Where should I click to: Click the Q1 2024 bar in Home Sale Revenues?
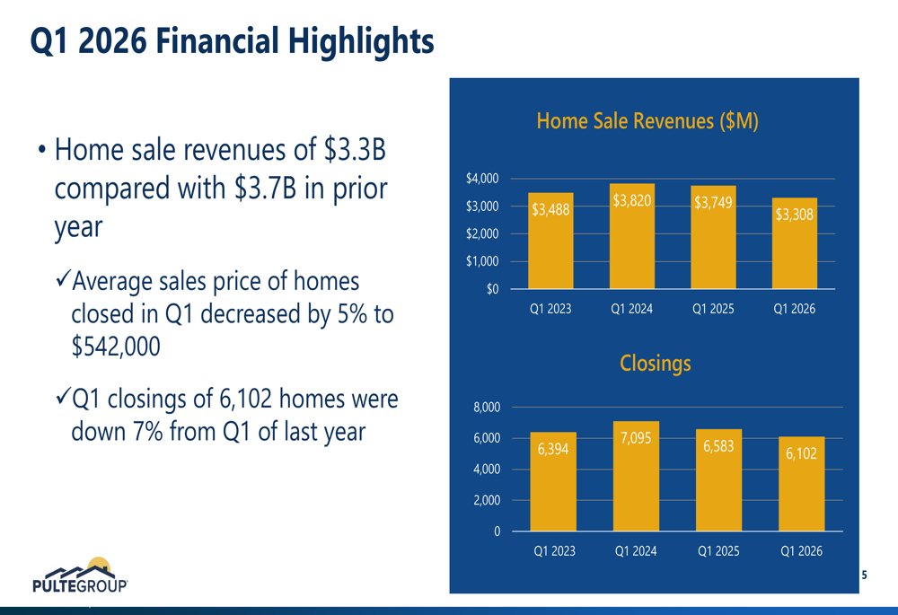[x=631, y=236]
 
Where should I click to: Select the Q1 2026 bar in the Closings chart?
[x=801, y=484]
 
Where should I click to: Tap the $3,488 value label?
[x=550, y=209]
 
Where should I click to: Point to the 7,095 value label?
[x=636, y=438]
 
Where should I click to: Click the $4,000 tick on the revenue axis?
[x=482, y=179]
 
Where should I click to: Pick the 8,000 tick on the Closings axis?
[x=487, y=407]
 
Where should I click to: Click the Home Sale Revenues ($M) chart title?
[x=647, y=121]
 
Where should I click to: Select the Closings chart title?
[x=656, y=363]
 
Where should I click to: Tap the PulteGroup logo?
[x=80, y=575]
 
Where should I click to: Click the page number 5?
[x=864, y=575]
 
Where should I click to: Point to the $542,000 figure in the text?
[x=116, y=347]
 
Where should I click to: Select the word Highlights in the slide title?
[x=361, y=41]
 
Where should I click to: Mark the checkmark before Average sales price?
[x=63, y=280]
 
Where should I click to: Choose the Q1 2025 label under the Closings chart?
[x=718, y=551]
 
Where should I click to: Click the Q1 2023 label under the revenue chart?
[x=550, y=309]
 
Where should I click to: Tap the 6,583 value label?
[x=718, y=446]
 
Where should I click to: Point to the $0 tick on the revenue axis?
[x=492, y=289]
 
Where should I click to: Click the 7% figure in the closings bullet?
[x=148, y=431]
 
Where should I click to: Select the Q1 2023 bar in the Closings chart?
[x=553, y=481]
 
